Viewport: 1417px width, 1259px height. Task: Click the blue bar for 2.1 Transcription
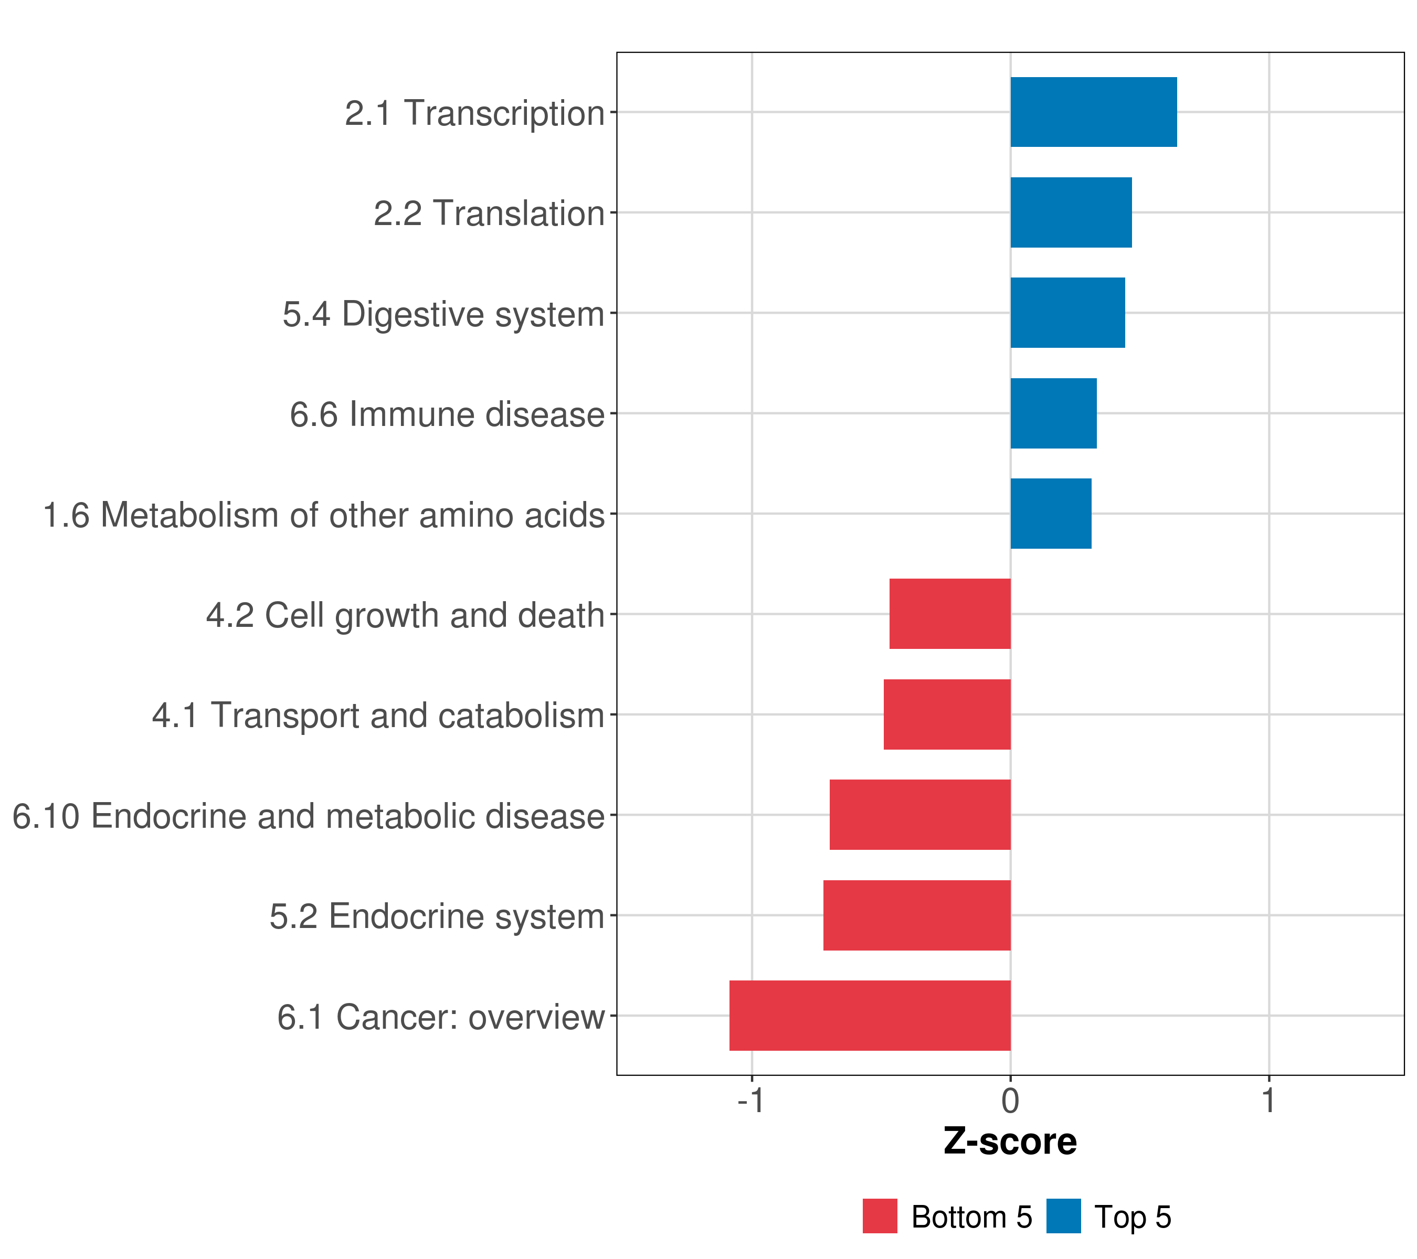click(1093, 112)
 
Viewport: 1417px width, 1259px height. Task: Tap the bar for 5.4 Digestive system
click(1067, 313)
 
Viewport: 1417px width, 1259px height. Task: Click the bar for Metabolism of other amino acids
click(1050, 514)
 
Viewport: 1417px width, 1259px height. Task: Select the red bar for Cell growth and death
click(950, 614)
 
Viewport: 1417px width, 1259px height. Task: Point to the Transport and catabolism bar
click(947, 714)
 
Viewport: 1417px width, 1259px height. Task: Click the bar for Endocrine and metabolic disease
click(920, 815)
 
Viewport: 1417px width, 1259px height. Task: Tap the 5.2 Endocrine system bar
click(916, 915)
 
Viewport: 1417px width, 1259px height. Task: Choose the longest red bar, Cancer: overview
click(870, 1016)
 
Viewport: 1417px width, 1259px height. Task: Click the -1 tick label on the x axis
click(751, 1101)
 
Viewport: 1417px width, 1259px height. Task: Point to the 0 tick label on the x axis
click(1010, 1101)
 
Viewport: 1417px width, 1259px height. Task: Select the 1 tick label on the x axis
click(1268, 1101)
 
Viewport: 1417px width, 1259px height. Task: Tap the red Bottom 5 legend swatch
click(880, 1216)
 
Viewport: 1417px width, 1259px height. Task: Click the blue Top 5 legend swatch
click(1063, 1216)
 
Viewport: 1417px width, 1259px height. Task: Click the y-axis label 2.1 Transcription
click(475, 113)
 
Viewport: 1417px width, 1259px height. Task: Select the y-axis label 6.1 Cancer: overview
click(441, 1017)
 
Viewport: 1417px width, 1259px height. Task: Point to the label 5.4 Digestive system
click(443, 314)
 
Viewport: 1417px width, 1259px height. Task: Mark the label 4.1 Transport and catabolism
click(378, 716)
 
